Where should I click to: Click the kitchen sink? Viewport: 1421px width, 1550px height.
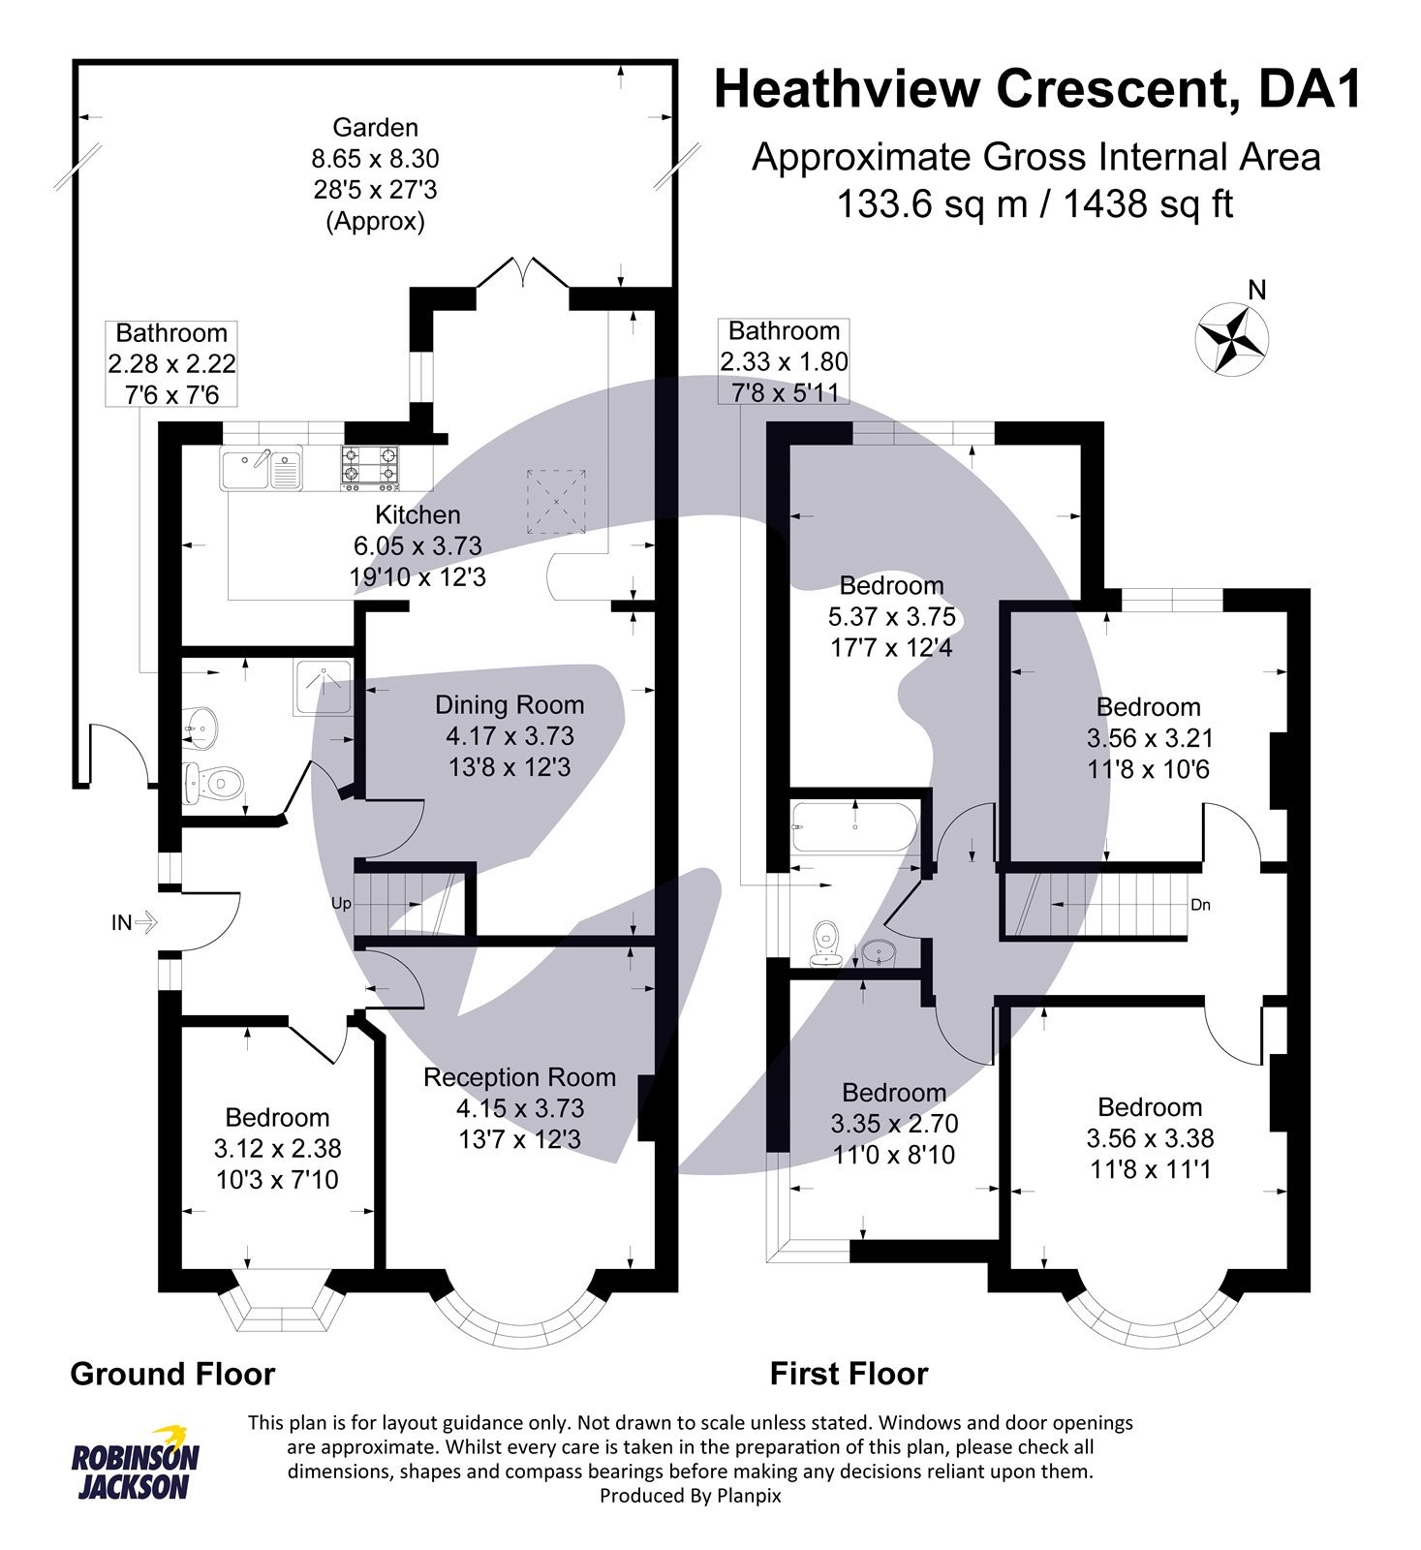[261, 469]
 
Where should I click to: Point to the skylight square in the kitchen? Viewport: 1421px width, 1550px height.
[557, 502]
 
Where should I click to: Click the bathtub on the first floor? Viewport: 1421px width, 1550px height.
[852, 827]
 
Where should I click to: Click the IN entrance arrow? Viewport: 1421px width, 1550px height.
[134, 923]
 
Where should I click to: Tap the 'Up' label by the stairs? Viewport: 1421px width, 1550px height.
[341, 904]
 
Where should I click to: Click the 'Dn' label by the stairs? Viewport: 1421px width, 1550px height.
[1200, 905]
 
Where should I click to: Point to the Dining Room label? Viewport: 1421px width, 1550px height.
[510, 705]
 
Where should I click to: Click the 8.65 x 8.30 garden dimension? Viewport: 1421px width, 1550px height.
[375, 158]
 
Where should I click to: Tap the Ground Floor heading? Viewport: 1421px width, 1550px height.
[172, 1374]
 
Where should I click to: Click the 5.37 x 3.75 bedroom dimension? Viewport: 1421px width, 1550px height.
[891, 616]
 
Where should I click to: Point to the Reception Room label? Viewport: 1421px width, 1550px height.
[519, 1077]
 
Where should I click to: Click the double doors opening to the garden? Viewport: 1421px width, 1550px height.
[522, 273]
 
